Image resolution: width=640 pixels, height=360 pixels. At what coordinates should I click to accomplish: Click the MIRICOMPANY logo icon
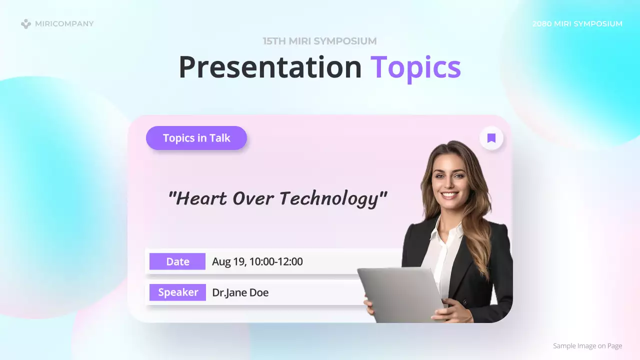(x=26, y=23)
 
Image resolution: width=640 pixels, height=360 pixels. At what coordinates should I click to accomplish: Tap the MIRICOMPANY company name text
(x=64, y=23)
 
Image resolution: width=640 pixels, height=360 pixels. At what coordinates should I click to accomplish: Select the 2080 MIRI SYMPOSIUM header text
(x=577, y=23)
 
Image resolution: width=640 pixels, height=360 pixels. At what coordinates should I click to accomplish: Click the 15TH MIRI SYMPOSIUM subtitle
(x=320, y=41)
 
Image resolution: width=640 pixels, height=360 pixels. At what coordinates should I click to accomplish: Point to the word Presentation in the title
(x=270, y=67)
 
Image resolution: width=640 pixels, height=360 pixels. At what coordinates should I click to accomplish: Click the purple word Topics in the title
(x=415, y=67)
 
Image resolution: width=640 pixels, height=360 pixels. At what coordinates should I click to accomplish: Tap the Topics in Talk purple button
(x=196, y=138)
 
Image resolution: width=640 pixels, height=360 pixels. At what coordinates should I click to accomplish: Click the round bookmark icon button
(x=491, y=138)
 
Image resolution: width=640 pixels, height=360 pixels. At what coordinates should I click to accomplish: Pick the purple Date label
(x=177, y=261)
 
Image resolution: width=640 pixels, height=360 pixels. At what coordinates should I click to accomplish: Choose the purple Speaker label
(x=178, y=292)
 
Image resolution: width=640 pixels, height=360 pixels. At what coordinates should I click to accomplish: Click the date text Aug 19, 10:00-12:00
(x=257, y=261)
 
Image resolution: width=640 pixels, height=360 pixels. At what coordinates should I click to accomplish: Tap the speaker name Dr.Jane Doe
(x=240, y=292)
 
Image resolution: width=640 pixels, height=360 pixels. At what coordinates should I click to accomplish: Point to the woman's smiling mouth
(x=449, y=194)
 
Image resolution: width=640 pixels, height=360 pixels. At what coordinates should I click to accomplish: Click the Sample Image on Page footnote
(x=587, y=346)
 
